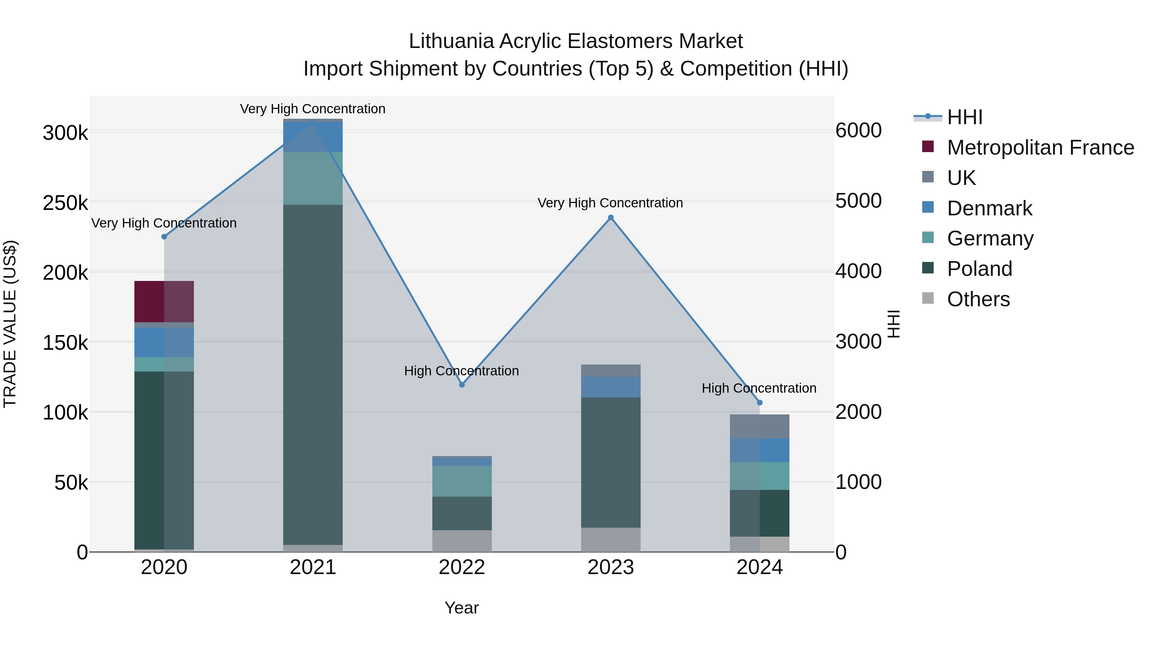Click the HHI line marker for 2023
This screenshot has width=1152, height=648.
click(x=611, y=218)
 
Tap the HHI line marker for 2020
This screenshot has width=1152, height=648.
click(x=164, y=236)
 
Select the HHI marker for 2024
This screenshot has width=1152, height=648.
click(x=759, y=403)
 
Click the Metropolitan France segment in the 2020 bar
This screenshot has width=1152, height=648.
click(x=164, y=301)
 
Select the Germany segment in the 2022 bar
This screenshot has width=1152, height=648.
click(x=462, y=481)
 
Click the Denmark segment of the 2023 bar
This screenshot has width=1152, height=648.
click(x=611, y=387)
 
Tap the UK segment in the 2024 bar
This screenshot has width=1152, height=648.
click(x=759, y=427)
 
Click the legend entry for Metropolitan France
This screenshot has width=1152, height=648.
click(x=1040, y=148)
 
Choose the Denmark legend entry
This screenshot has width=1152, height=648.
click(x=989, y=208)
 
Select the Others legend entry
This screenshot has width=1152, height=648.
click(x=978, y=299)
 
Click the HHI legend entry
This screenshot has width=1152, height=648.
click(x=964, y=117)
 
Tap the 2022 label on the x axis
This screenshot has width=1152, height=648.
click(x=462, y=567)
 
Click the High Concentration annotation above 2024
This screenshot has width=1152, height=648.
click(x=759, y=388)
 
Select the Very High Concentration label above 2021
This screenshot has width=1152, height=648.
click(x=313, y=109)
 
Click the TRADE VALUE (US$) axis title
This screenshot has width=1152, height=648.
click(x=10, y=324)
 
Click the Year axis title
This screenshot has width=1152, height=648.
click(x=461, y=608)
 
